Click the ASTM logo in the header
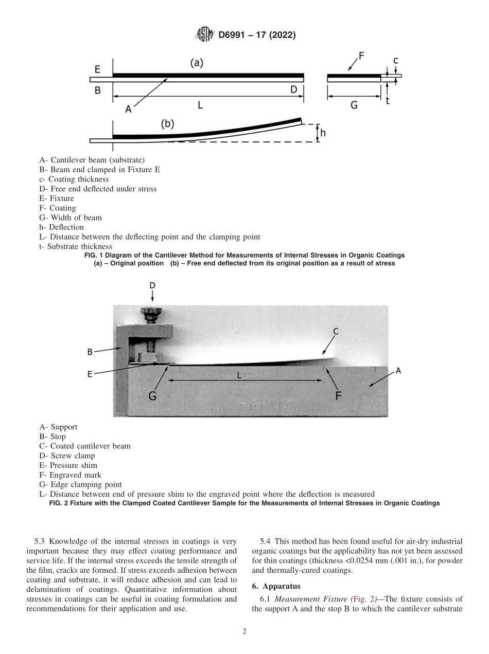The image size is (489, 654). (204, 35)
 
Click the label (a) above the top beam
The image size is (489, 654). (197, 63)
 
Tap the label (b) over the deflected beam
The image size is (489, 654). (168, 124)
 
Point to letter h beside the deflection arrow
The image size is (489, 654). (323, 133)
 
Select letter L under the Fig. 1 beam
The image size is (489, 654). (200, 105)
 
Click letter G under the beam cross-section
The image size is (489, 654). (354, 104)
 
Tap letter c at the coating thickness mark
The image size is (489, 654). (395, 61)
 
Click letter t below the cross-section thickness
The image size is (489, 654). (387, 101)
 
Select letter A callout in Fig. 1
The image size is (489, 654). (128, 109)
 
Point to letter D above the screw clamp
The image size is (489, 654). (152, 285)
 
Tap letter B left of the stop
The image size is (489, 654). (90, 352)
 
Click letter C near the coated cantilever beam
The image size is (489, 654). (336, 332)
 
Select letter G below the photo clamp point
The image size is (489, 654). (153, 396)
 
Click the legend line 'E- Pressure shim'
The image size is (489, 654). (68, 465)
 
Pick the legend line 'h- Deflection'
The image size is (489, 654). (61, 227)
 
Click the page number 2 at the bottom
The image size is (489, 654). (244, 632)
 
